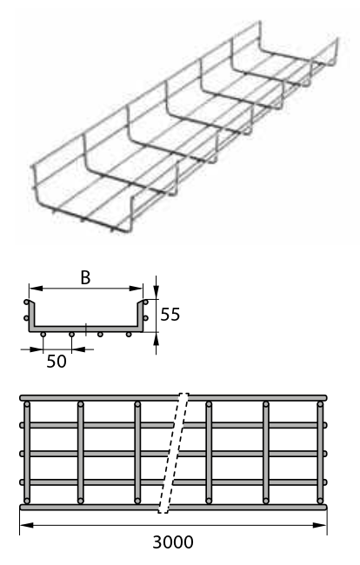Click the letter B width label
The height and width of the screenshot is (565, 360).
point(85,278)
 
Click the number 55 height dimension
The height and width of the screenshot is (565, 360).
point(170,315)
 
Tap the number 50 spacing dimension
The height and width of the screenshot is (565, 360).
point(57,362)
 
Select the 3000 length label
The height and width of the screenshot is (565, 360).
point(173,542)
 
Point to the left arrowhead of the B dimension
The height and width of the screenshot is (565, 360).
point(36,289)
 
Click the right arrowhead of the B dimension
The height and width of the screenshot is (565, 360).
point(136,289)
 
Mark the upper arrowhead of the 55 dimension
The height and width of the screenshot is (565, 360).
point(156,292)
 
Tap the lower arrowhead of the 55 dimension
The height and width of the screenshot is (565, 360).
point(156,339)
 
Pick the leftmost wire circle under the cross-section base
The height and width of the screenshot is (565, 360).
point(43,335)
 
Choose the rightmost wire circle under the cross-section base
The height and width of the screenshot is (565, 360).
point(129,335)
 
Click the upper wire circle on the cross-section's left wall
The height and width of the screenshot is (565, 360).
point(26,302)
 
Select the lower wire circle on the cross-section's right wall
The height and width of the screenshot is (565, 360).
point(145,318)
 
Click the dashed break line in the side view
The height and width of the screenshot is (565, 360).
point(173,453)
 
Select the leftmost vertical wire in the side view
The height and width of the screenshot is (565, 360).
point(27,453)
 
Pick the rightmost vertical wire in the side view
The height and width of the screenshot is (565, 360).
point(320,453)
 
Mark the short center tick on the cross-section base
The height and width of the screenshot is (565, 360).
point(86,329)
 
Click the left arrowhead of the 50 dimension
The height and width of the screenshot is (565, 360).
point(36,349)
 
